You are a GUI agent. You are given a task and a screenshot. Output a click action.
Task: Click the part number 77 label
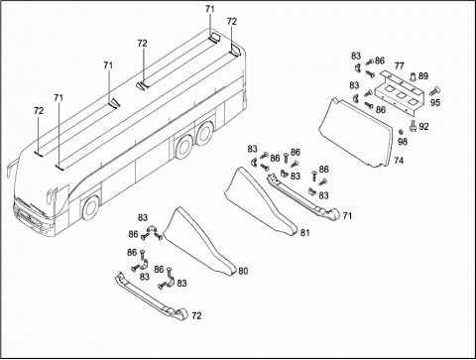point(399,66)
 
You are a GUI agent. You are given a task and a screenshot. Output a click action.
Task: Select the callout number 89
point(423,76)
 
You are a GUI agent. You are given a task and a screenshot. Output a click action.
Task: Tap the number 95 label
point(435,102)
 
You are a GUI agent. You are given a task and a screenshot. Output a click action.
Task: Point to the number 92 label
point(423,127)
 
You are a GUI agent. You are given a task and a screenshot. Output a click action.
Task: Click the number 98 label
point(403,142)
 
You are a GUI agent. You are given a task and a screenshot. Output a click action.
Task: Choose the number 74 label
point(399,161)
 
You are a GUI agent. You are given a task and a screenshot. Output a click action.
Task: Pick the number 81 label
point(304,233)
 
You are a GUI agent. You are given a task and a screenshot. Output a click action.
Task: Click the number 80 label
point(243,271)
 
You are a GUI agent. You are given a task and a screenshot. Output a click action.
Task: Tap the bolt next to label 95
point(435,90)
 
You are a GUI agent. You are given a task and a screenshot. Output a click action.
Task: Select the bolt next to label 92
point(413,126)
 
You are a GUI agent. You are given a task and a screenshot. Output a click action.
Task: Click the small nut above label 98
point(401,132)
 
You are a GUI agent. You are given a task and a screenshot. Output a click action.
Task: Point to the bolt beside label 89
point(414,77)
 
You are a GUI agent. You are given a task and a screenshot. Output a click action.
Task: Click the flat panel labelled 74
point(358,132)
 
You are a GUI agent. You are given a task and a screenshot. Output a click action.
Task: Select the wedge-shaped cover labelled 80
point(201,241)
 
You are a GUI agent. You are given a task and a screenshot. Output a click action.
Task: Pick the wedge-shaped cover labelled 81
point(263,201)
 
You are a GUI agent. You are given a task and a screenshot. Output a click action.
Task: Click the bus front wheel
point(90,208)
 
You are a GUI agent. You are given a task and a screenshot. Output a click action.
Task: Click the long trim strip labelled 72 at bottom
point(151,297)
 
